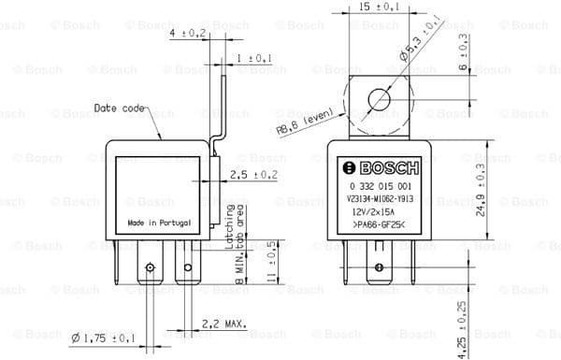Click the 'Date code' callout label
click(119, 108)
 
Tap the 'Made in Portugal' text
click(158, 224)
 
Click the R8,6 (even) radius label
click(305, 122)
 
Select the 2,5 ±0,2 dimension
click(252, 174)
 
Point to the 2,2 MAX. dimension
click(223, 324)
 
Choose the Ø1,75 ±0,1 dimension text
click(103, 336)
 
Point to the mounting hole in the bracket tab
click(380, 98)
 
